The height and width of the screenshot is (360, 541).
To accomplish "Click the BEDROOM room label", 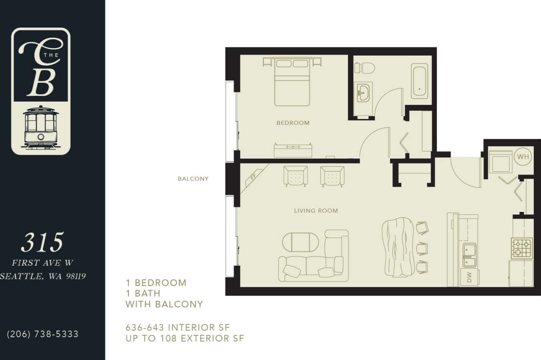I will click(293, 123).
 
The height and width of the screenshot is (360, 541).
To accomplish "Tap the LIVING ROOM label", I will click(316, 210).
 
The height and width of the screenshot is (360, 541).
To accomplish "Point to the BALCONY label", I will click(193, 179).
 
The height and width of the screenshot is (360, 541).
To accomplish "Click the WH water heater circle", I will click(523, 157).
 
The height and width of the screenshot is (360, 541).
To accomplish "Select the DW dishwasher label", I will click(469, 277).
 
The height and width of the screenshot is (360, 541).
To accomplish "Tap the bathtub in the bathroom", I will click(420, 81).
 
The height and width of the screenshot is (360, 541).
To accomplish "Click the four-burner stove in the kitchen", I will click(522, 248).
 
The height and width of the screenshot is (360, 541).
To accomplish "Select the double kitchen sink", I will click(469, 255).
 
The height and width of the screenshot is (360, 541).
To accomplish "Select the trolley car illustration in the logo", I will click(41, 127).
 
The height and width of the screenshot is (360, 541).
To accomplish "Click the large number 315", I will click(43, 242).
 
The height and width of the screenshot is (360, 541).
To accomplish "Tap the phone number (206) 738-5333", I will click(43, 334).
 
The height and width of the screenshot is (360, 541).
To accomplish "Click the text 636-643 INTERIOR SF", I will click(177, 327).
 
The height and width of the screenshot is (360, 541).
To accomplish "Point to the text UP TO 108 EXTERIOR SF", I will click(185, 338).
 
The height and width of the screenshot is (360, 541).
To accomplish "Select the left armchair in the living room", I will click(295, 176).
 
